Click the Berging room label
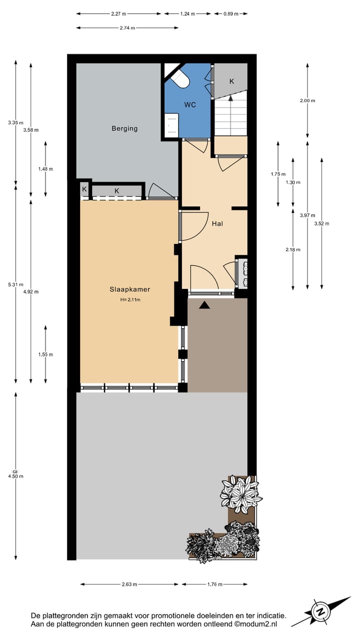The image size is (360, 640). point(124,128)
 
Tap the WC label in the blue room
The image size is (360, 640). point(189,104)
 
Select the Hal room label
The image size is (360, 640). point(217,223)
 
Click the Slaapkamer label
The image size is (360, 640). point(130,289)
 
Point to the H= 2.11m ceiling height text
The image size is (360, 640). point(130,300)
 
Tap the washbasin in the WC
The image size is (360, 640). point(171,123)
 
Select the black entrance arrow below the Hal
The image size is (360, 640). point(204,305)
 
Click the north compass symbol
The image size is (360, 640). point(320,611)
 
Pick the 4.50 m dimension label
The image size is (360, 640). point(15,475)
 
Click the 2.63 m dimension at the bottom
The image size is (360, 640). point(129,584)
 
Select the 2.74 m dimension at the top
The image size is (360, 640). point(127,28)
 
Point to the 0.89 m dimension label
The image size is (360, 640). point(230,14)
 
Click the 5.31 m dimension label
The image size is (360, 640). point(15,284)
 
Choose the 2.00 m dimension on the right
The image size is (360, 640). point(307,100)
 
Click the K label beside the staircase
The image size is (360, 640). point(231,81)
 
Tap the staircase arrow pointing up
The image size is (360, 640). point(230,99)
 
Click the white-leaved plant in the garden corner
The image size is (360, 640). point(240,493)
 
